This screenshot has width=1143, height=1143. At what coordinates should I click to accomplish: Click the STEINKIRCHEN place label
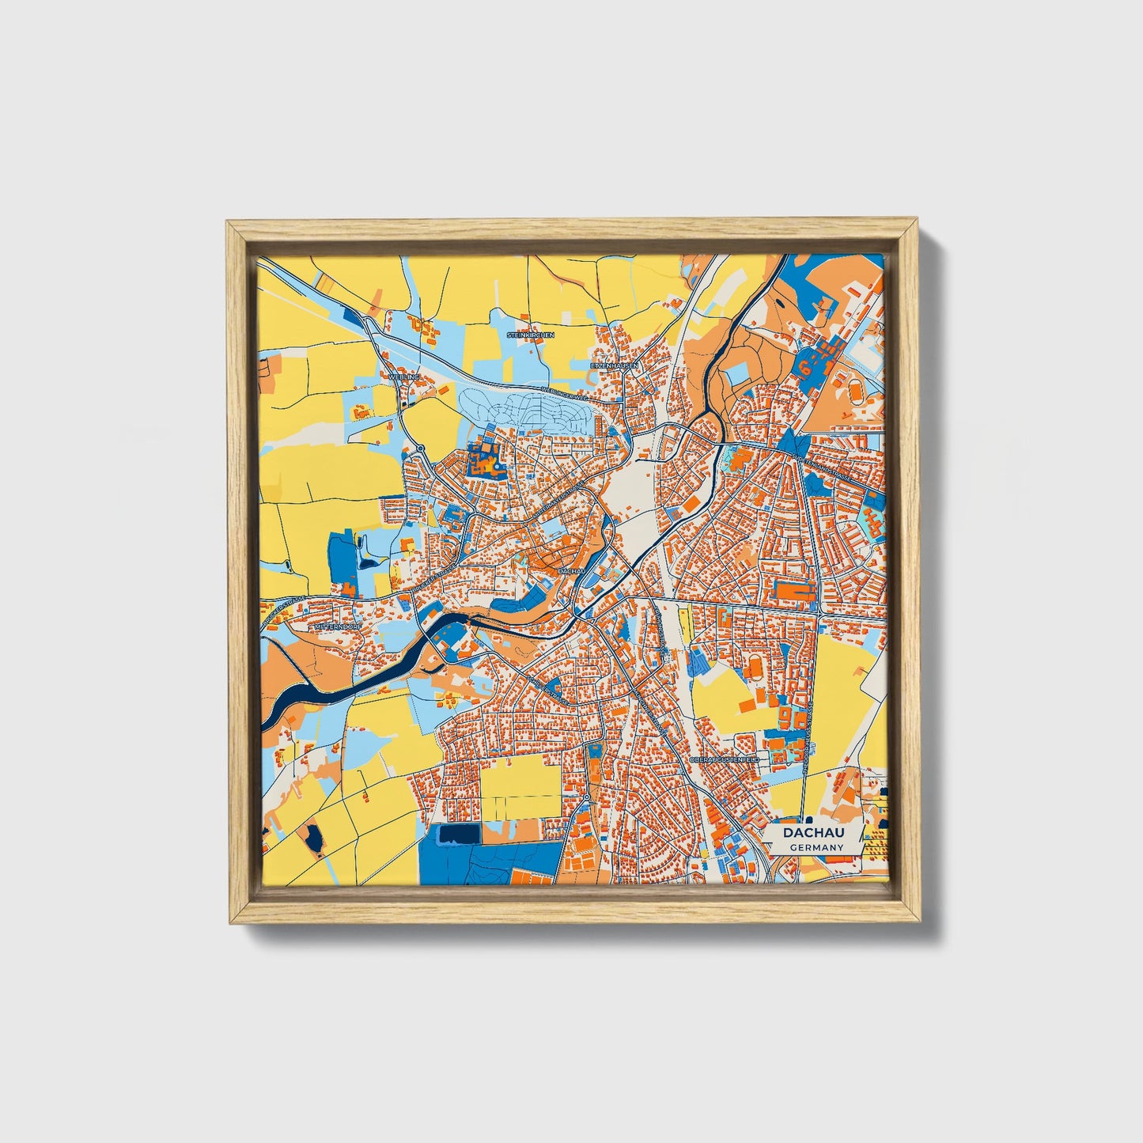click(x=530, y=335)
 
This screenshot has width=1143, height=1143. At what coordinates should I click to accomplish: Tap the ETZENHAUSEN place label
click(x=614, y=365)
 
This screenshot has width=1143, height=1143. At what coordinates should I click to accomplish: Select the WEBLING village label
click(x=403, y=377)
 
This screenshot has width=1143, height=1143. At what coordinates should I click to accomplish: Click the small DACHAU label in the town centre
click(x=570, y=570)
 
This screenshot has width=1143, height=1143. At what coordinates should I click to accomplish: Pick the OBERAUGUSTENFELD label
click(x=725, y=759)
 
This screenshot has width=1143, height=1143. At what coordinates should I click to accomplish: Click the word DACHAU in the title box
click(x=813, y=833)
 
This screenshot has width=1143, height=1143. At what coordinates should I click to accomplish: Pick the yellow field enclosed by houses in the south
click(x=520, y=787)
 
